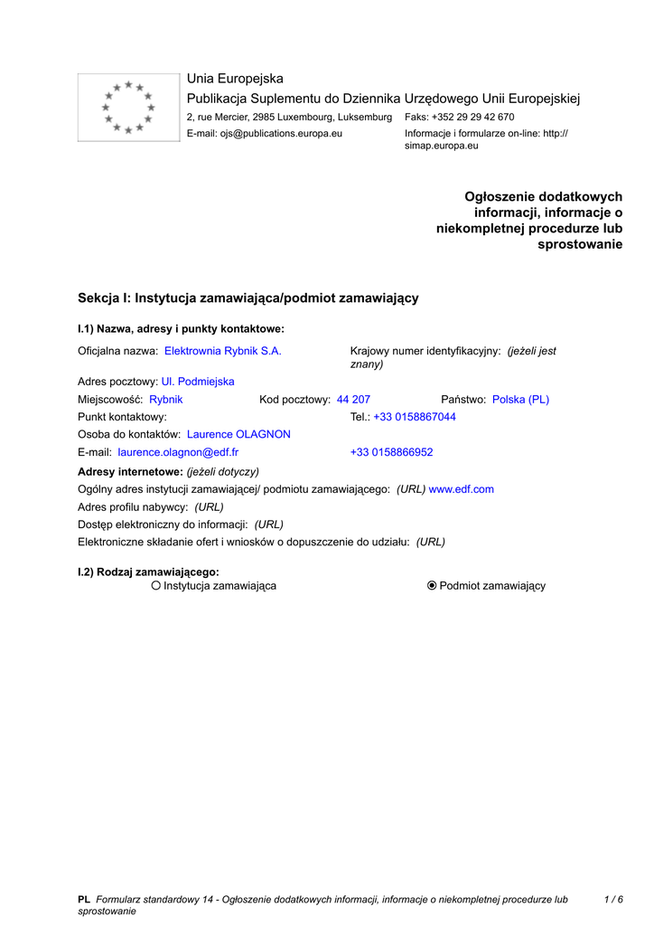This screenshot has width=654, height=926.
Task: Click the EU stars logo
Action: point(128,108)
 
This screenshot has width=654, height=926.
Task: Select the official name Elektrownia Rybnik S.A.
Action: point(222,351)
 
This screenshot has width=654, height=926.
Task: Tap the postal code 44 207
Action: point(353,399)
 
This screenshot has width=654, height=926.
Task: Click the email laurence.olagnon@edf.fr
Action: point(178,451)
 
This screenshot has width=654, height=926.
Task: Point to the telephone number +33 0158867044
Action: point(415,417)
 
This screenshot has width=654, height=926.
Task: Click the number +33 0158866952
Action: point(391,451)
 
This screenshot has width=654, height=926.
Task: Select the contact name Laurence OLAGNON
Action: point(238,434)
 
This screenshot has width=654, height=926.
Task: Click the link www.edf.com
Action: point(461,489)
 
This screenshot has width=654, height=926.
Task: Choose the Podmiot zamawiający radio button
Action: point(432,586)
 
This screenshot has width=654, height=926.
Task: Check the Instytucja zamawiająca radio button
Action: point(156,586)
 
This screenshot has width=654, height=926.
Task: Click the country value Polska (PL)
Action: point(520,399)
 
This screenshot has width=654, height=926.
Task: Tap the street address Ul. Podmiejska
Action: point(198,382)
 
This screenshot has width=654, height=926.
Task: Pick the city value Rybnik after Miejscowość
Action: point(166,399)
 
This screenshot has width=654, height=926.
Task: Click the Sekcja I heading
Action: point(248,298)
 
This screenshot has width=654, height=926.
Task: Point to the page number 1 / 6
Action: point(613,899)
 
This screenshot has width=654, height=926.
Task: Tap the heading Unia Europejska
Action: point(235,79)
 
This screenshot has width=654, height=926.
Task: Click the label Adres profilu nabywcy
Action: point(133,506)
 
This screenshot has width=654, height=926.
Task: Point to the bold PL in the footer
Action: point(84,899)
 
